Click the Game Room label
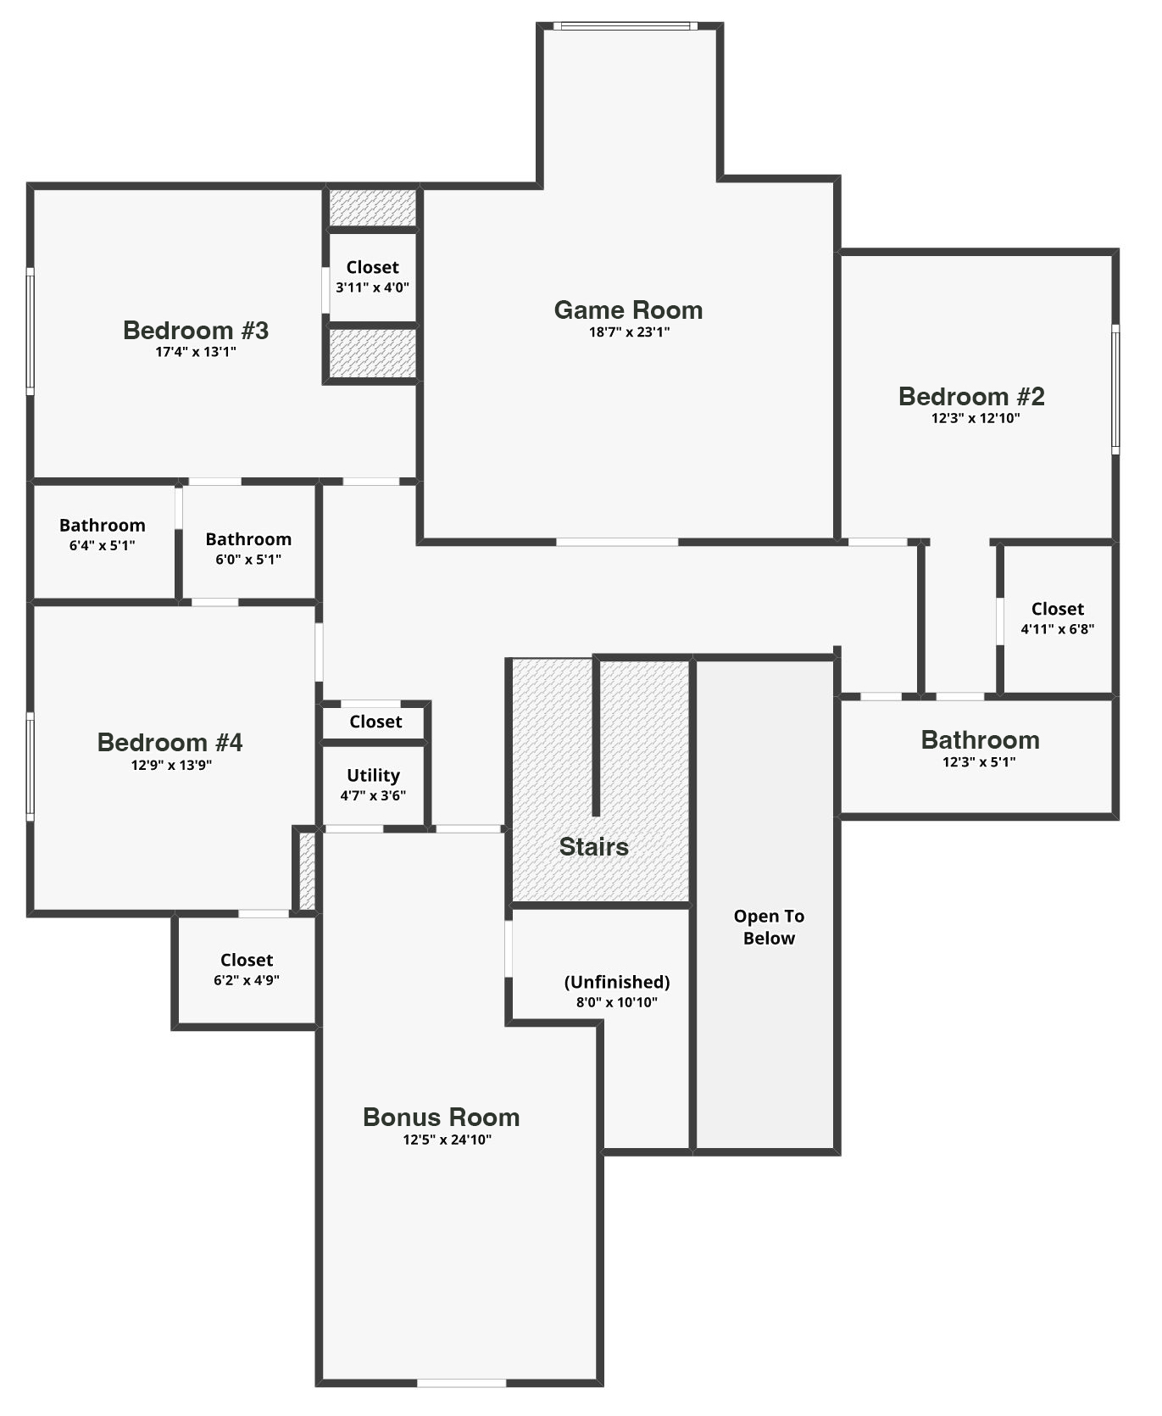(x=628, y=310)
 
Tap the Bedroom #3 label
(x=196, y=330)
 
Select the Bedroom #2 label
(x=971, y=396)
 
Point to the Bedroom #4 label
(x=170, y=742)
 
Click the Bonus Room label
(x=441, y=1117)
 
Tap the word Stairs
(x=593, y=846)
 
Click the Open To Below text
(x=769, y=927)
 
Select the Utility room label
(x=373, y=775)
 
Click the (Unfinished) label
(x=617, y=982)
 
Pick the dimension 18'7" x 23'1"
(x=629, y=332)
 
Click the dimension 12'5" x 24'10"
(x=447, y=1140)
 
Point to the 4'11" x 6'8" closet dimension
(x=1057, y=629)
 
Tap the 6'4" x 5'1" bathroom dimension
(x=102, y=546)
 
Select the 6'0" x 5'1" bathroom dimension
(x=248, y=560)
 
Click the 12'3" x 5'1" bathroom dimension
(x=979, y=762)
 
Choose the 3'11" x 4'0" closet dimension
(x=372, y=287)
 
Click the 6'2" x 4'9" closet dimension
(x=247, y=980)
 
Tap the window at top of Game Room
(x=625, y=26)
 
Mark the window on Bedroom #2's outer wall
(x=1115, y=389)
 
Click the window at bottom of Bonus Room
(x=461, y=1383)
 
